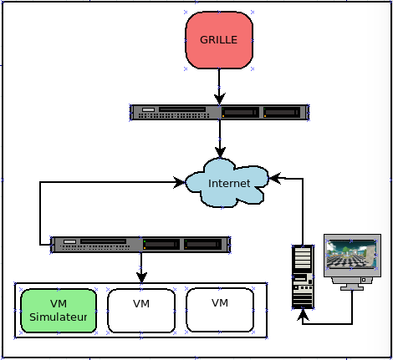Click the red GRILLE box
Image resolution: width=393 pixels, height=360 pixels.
[219, 40]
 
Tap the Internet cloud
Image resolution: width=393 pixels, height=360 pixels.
[227, 183]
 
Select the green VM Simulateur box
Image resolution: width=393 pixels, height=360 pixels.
[59, 311]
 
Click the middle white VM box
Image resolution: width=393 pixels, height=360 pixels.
[141, 311]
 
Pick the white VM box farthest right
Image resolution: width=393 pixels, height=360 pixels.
[220, 310]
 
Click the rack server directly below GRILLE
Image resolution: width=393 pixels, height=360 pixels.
[220, 113]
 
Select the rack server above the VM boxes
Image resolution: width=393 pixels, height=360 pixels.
[140, 245]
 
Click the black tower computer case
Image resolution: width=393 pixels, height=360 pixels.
[303, 277]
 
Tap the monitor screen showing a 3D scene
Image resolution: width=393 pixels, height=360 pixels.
[351, 255]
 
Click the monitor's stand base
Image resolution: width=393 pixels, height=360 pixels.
[352, 288]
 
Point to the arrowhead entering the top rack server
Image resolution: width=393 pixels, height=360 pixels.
[220, 99]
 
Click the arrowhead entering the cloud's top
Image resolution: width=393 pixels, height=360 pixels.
[220, 153]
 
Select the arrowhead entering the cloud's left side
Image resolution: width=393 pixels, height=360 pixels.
[179, 182]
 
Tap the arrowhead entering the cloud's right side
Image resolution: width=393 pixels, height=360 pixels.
[274, 178]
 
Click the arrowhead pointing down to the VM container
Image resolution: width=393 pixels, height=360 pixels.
[141, 277]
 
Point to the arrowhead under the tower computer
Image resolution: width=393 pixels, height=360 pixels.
[303, 315]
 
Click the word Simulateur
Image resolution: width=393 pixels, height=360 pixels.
[59, 317]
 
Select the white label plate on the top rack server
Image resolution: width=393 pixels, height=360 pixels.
[148, 109]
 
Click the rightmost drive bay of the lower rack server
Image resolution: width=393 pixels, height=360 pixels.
[203, 245]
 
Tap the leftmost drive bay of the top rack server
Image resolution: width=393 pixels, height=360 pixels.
[240, 113]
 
